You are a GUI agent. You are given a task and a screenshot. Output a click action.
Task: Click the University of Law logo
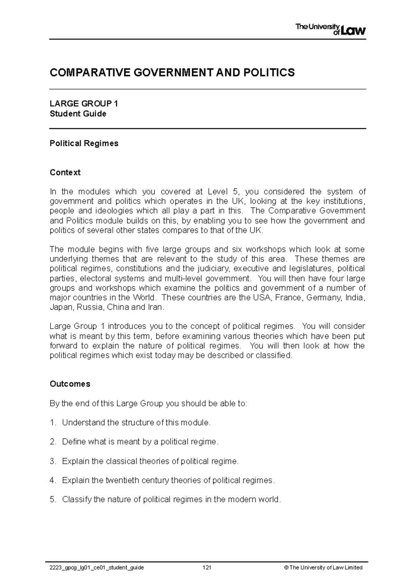[x=330, y=29]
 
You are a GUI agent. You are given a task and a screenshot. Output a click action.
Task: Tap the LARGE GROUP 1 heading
[x=84, y=104]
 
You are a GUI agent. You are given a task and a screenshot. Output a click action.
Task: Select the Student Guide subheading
[x=78, y=114]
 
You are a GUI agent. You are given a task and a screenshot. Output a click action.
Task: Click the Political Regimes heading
[x=84, y=143]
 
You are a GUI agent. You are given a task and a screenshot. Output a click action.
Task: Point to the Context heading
[x=65, y=172]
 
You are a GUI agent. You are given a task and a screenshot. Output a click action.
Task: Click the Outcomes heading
[x=70, y=384]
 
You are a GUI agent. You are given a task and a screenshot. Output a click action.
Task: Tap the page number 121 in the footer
[x=207, y=567]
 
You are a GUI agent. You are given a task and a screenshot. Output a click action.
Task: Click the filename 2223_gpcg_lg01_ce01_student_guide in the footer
[x=97, y=567]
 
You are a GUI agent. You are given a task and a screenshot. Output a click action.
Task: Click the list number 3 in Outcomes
[x=52, y=461]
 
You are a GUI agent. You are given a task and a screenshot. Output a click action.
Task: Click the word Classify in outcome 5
[x=77, y=500]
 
